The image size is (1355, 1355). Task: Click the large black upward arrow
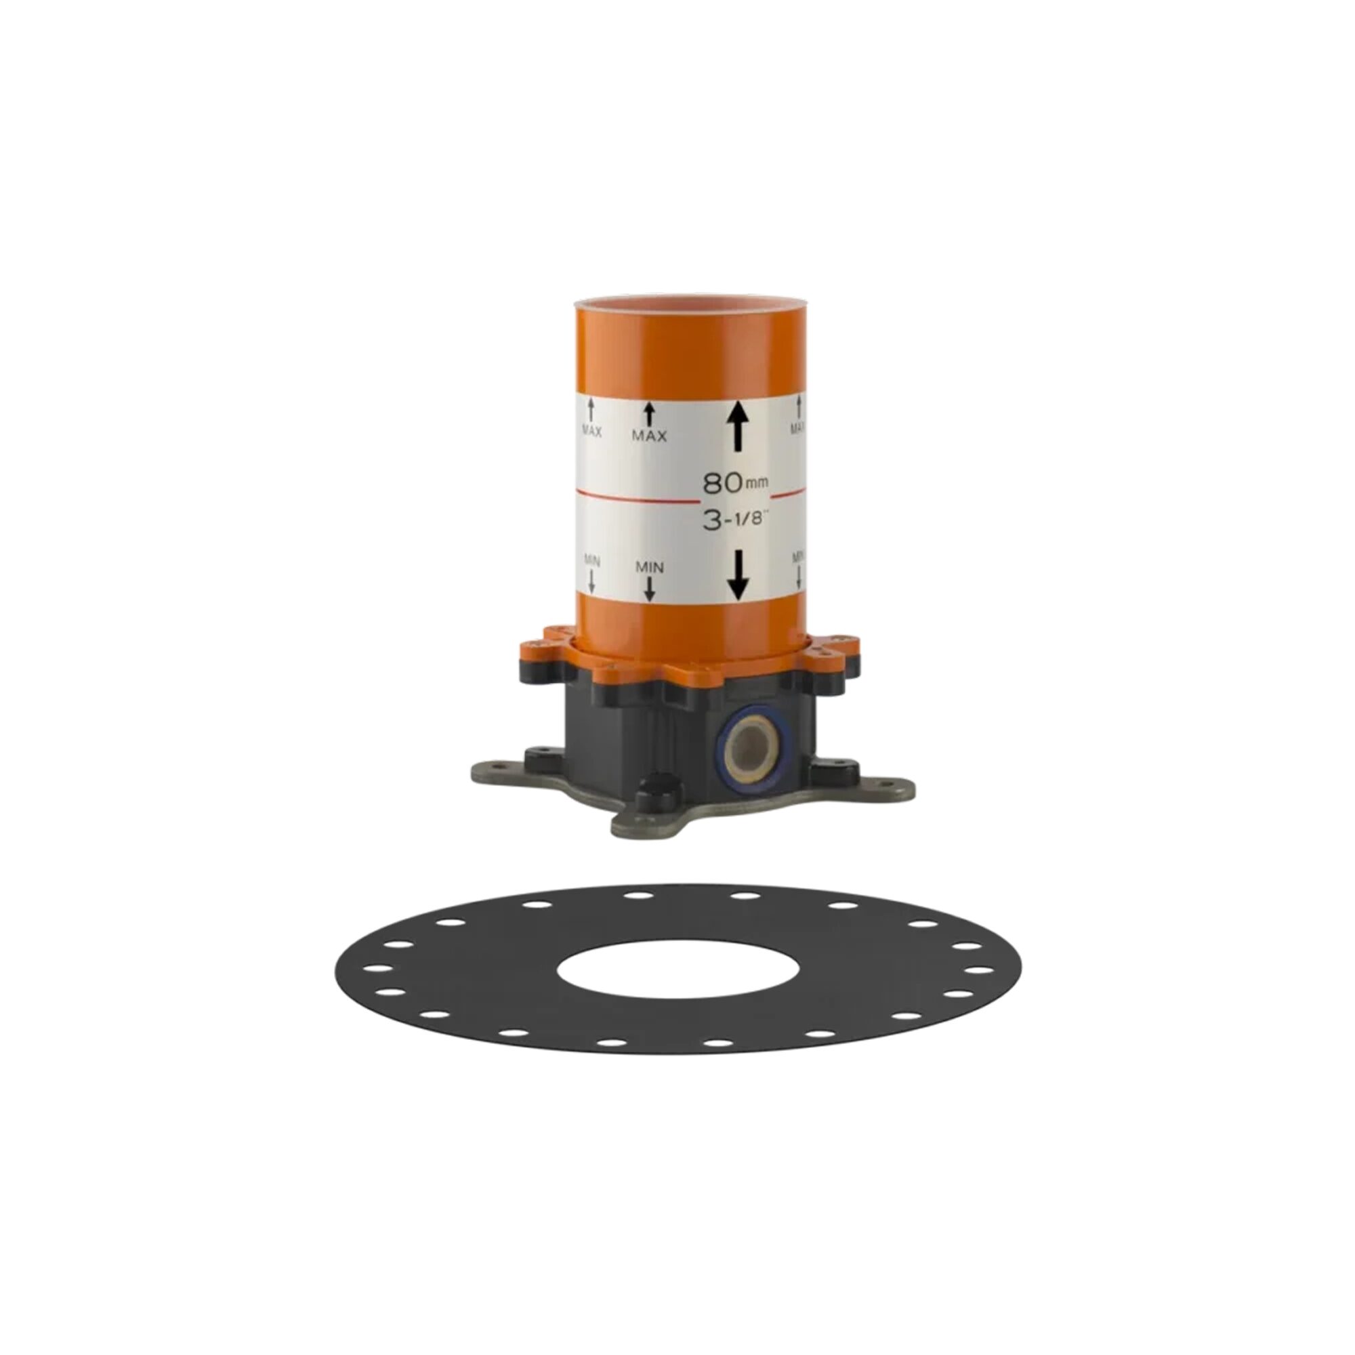click(x=737, y=426)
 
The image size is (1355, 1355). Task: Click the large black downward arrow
click(x=738, y=575)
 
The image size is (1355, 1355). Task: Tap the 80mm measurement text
click(x=736, y=482)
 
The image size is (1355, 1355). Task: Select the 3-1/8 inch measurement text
click(x=736, y=520)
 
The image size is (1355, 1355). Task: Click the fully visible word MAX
click(x=650, y=436)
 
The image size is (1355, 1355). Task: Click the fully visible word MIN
click(x=650, y=566)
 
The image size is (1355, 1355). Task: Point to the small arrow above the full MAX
click(x=650, y=413)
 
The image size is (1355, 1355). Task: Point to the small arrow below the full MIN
click(x=650, y=589)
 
